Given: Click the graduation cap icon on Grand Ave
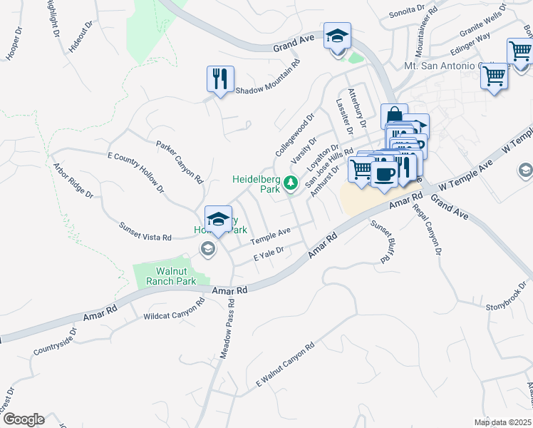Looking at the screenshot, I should point(337,36).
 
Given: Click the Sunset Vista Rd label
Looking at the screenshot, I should point(145,230).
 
